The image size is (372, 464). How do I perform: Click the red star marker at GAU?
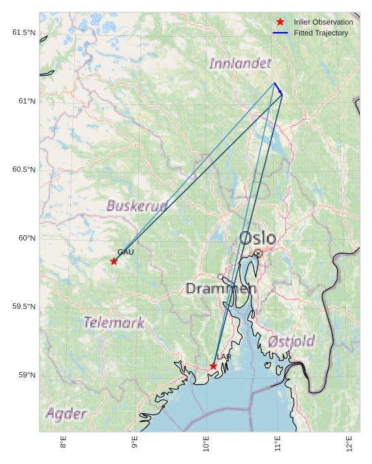[114, 262]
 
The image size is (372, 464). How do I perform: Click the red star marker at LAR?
[213, 367]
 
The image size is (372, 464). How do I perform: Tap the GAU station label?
[125, 252]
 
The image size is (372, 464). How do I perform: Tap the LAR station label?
[224, 357]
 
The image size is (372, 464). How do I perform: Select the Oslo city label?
[258, 238]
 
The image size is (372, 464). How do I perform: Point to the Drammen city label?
[221, 289]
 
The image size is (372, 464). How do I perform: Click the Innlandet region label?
[240, 63]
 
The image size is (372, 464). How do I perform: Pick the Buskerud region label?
[137, 205]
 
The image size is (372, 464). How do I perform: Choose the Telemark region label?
[114, 322]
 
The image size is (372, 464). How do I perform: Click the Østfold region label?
[291, 341]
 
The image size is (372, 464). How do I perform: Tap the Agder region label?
[66, 414]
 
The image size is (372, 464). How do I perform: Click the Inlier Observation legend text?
[323, 22]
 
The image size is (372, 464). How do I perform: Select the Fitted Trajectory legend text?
[321, 33]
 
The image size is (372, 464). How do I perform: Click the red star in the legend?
[280, 22]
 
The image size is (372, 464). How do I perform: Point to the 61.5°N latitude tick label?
[24, 33]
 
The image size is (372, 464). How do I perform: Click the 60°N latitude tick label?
[27, 238]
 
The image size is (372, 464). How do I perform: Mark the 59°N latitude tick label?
[27, 375]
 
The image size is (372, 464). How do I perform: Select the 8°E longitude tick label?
[63, 443]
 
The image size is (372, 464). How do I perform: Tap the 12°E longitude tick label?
[349, 443]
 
